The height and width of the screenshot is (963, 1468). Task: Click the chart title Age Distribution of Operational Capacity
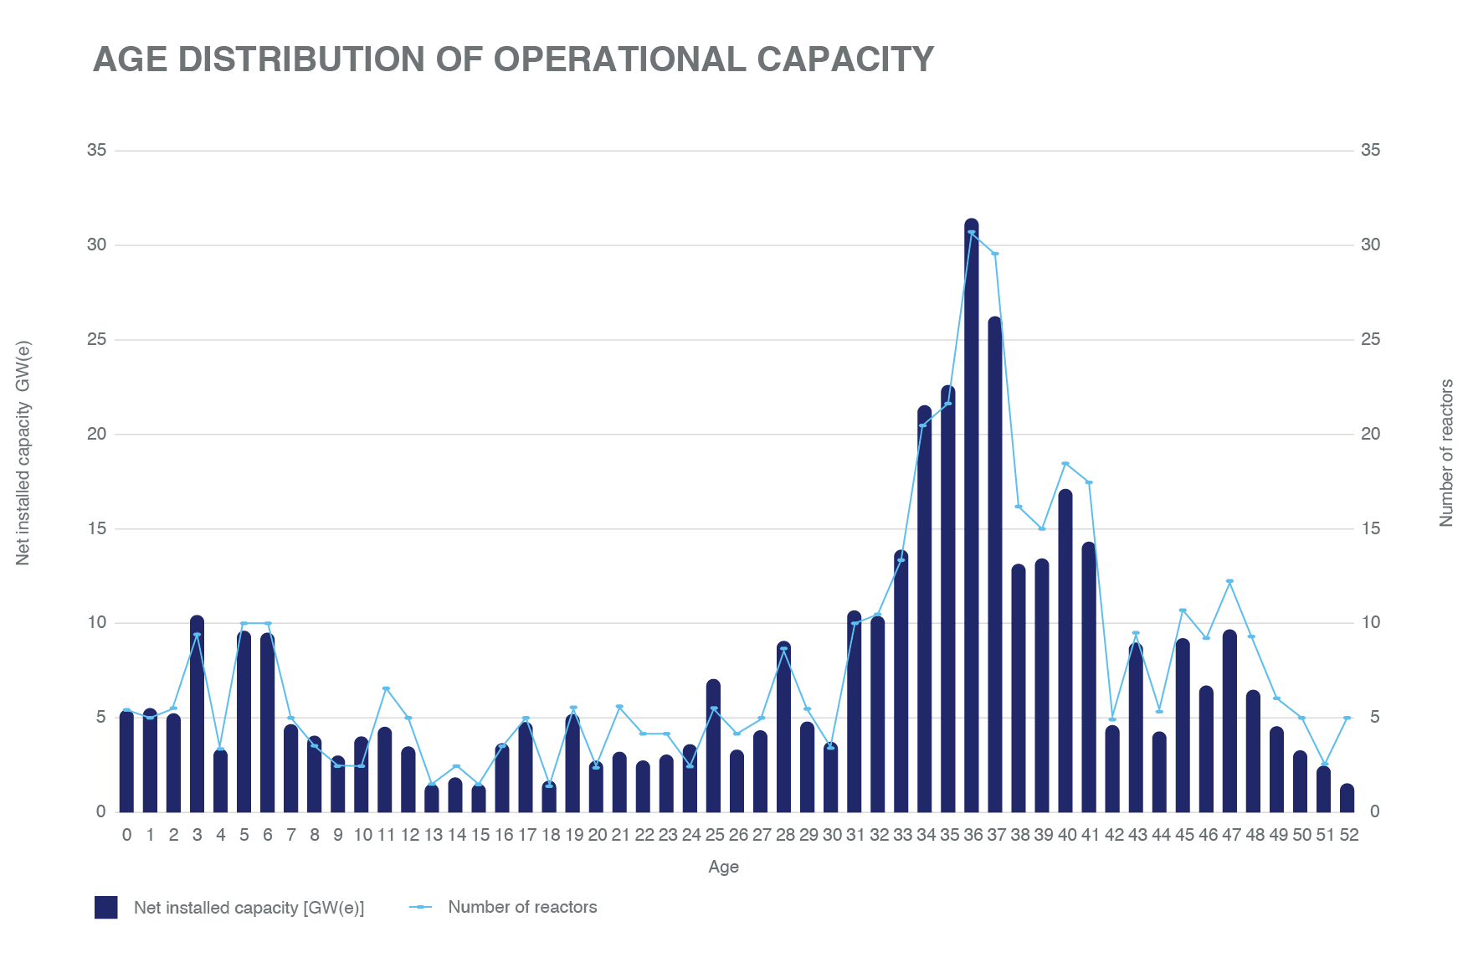point(513,59)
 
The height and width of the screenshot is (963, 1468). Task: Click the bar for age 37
point(995,565)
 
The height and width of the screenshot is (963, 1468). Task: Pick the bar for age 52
point(1347,799)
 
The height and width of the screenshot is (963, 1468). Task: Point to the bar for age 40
point(1065,651)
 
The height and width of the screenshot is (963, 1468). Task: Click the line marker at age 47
point(1229,581)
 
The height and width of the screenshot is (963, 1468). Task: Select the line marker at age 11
point(386,688)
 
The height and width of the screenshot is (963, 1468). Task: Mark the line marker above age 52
point(1347,718)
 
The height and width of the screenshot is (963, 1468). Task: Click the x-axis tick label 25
point(714,835)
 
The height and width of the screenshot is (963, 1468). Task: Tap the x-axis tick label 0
point(126,835)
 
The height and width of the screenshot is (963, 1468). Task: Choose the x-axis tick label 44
point(1160,835)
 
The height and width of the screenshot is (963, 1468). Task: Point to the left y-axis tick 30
point(97,245)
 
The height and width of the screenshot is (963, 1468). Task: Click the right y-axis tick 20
point(1370,434)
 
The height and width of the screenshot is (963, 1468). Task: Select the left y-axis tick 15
point(97,528)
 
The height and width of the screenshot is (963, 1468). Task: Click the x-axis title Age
point(723,867)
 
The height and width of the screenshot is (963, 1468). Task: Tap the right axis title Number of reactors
point(1446,453)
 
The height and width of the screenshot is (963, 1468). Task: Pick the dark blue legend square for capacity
point(106,907)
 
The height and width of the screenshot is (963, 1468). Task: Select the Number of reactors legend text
point(522,907)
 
